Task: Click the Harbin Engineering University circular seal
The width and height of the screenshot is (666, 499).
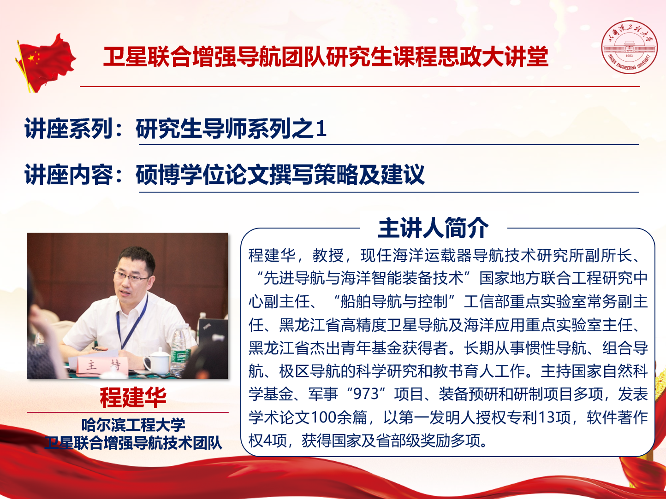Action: point(629,47)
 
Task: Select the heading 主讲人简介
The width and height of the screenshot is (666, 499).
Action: point(433,228)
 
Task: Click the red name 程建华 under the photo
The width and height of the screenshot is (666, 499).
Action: point(133,397)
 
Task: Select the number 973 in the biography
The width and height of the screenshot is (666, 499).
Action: point(367,394)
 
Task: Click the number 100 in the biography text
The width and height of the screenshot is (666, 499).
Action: point(324,417)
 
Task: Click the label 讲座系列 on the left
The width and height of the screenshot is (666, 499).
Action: point(69,129)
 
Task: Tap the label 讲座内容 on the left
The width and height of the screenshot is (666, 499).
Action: point(69,175)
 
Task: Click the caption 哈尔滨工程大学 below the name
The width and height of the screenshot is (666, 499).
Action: point(133,425)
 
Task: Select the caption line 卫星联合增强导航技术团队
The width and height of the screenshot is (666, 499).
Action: point(133,443)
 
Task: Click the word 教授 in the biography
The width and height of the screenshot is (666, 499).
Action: point(328,255)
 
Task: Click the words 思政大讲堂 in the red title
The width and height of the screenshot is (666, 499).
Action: point(493,57)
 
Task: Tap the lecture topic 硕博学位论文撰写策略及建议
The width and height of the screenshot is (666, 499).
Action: point(280,175)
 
